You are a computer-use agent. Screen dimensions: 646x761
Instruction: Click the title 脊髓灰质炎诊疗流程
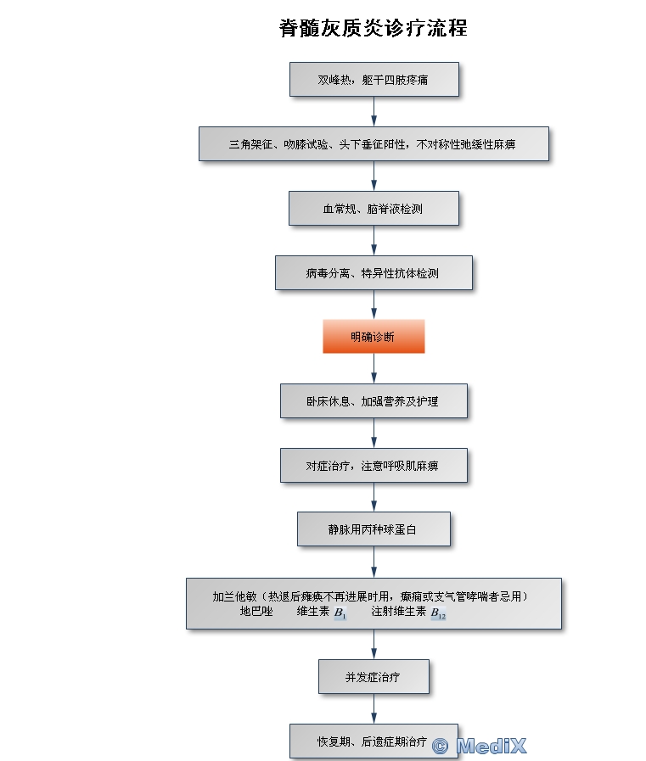pos(373,28)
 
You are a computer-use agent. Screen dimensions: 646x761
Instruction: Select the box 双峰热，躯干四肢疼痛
pos(374,79)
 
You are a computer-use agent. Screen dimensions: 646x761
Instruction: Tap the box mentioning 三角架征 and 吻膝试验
pos(374,143)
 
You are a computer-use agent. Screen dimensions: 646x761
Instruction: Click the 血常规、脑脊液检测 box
pos(374,208)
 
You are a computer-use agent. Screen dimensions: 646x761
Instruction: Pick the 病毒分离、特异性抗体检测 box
pos(374,273)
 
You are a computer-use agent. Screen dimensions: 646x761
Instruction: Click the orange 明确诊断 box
pos(374,336)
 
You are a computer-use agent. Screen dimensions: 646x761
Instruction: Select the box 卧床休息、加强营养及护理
pos(374,401)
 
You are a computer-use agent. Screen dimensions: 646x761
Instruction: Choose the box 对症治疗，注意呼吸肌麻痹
pos(374,466)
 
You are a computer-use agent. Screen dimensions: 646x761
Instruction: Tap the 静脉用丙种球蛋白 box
pos(374,529)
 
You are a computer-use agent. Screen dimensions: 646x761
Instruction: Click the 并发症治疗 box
pos(374,676)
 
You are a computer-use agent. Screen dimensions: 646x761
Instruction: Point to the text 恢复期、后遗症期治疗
pos(372,741)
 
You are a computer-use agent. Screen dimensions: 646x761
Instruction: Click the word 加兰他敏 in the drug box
pos(234,596)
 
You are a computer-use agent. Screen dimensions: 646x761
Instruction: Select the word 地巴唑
pos(256,611)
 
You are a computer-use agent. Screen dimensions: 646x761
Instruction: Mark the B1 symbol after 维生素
pos(340,613)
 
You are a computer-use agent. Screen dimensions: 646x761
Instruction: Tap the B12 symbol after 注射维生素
pos(438,613)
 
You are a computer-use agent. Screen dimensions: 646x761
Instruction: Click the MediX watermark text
pos(491,746)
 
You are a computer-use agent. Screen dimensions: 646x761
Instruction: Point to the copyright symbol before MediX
pos(440,747)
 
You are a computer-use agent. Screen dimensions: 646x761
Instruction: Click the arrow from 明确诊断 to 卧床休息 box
pos(374,368)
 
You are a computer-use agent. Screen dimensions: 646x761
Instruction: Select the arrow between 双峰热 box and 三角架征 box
pos(374,112)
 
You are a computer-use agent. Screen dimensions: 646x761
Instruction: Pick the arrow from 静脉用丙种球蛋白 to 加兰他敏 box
pos(374,562)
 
